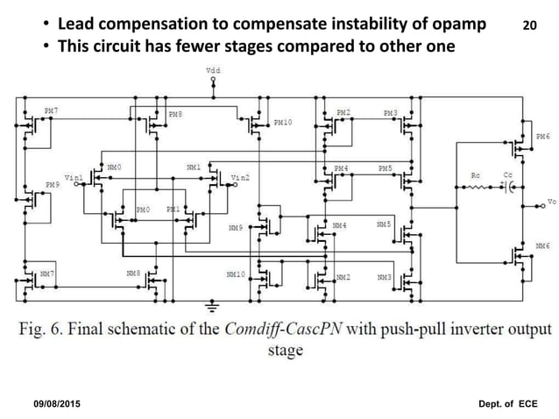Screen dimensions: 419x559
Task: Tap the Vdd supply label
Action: tap(212, 68)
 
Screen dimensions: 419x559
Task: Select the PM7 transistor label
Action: tap(51, 111)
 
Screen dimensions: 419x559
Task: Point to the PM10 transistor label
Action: tap(282, 123)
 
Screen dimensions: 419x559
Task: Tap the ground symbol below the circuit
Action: tap(211, 306)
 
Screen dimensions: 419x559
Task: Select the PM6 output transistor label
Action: tap(542, 138)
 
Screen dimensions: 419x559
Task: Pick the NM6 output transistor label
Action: tap(542, 246)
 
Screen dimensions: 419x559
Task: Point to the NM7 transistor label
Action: tap(49, 273)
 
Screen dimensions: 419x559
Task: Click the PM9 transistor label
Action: tap(51, 186)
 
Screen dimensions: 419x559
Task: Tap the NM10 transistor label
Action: tap(234, 274)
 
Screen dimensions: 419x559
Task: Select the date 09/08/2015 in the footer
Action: tap(62, 402)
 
